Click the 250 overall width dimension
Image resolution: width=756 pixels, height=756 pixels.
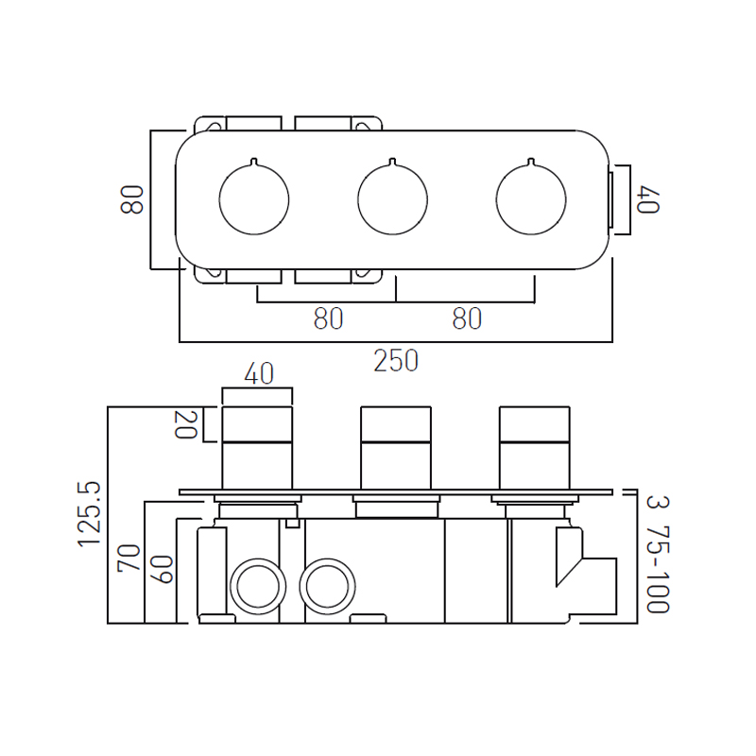click(396, 361)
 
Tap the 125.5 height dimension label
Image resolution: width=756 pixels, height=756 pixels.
click(89, 514)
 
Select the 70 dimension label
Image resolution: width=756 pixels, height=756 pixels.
click(129, 558)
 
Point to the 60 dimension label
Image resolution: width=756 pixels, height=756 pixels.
click(162, 570)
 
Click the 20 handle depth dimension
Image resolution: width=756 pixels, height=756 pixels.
click(185, 424)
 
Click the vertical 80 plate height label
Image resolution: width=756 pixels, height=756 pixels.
click(132, 199)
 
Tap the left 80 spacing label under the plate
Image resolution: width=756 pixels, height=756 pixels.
click(328, 318)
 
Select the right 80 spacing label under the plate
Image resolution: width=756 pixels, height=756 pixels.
click(467, 318)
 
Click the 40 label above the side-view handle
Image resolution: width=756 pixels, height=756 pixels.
click(259, 373)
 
